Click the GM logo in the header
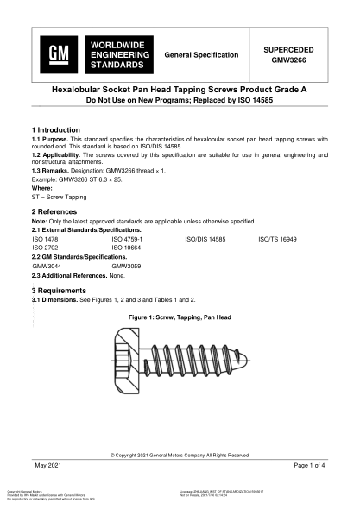click(59, 55)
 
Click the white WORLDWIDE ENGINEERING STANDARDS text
click(111, 54)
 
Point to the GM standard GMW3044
click(47, 267)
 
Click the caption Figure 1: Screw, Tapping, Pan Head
click(179, 318)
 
